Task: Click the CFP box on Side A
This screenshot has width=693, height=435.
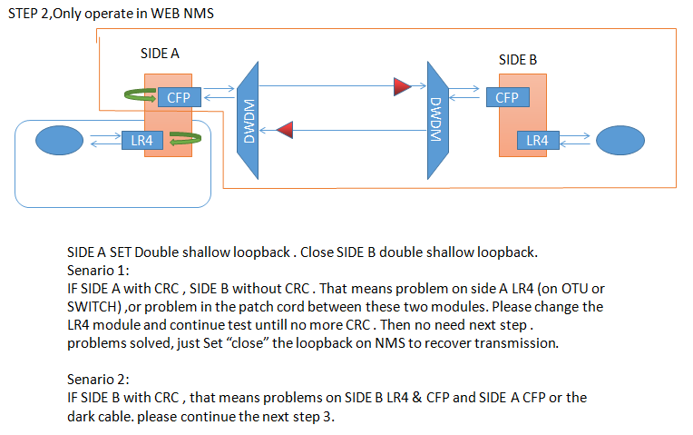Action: [177, 96]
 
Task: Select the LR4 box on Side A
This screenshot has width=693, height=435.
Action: [142, 141]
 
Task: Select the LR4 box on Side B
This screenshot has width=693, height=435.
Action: [537, 140]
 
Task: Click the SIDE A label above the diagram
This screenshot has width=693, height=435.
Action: [160, 54]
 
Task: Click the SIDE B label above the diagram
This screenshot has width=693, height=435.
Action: [518, 60]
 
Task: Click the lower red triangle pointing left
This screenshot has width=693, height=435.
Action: [284, 132]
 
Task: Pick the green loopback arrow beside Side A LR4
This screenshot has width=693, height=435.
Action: [185, 139]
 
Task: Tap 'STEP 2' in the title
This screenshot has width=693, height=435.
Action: [28, 14]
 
